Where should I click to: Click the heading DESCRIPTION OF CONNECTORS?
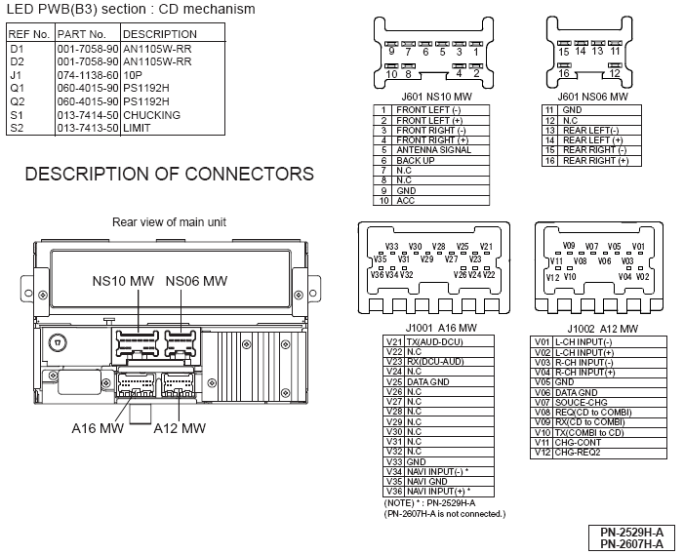click(x=169, y=175)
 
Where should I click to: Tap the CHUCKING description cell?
click(x=152, y=115)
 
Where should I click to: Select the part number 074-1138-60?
click(x=87, y=74)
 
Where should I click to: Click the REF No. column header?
click(x=28, y=33)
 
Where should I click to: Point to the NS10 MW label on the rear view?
click(x=123, y=281)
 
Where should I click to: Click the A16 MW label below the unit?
click(x=98, y=427)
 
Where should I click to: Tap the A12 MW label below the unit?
click(x=180, y=427)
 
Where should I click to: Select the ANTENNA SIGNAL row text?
click(x=433, y=150)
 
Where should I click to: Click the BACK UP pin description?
click(x=416, y=160)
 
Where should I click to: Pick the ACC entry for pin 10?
click(x=405, y=200)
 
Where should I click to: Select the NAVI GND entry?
click(x=426, y=481)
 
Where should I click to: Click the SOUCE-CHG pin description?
click(x=583, y=402)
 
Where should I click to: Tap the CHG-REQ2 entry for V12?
click(x=577, y=452)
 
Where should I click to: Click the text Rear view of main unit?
click(x=169, y=222)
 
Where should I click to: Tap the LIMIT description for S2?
click(x=138, y=128)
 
